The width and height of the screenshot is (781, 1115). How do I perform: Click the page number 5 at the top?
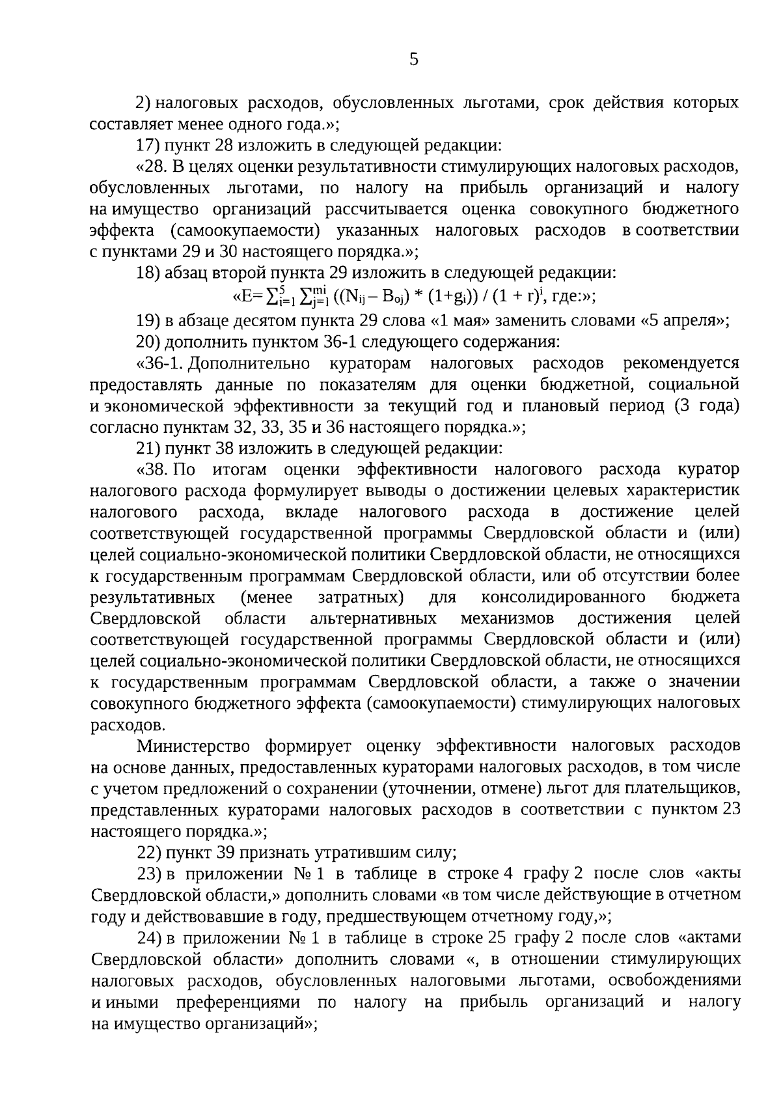414,61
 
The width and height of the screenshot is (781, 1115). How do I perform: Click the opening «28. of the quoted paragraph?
152,167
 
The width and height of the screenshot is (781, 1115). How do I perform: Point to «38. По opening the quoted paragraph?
166,469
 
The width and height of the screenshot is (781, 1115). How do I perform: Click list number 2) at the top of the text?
143,103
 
